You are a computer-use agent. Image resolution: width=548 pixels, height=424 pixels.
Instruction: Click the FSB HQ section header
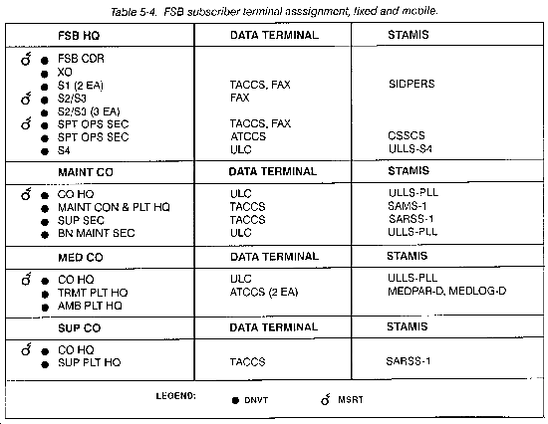click(79, 36)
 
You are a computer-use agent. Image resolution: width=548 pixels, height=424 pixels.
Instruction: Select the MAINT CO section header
click(86, 172)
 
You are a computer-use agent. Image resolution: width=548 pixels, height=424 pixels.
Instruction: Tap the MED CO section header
click(80, 258)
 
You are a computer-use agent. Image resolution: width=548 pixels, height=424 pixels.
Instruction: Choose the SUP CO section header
click(79, 328)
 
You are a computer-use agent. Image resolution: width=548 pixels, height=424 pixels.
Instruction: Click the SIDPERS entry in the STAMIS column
click(411, 84)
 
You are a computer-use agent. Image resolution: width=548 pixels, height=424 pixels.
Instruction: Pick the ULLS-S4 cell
click(410, 148)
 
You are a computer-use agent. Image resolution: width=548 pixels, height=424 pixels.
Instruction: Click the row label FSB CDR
click(81, 59)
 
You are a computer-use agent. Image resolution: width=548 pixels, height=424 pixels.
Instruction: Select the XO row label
click(65, 73)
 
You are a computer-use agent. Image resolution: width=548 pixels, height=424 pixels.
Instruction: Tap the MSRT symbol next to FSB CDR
click(26, 59)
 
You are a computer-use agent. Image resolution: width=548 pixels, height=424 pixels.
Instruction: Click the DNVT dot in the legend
click(235, 400)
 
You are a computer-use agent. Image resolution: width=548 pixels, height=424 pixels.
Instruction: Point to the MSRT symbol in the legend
click(326, 399)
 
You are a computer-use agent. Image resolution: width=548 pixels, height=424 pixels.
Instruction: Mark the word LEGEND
click(175, 396)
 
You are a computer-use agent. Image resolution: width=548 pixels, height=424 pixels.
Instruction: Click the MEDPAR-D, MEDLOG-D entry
click(446, 291)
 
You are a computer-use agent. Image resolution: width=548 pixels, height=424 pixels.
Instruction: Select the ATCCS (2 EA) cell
click(264, 292)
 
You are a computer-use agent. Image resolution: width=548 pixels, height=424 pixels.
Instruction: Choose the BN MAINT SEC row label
click(96, 233)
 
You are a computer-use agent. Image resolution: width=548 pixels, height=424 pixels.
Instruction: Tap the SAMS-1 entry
click(407, 206)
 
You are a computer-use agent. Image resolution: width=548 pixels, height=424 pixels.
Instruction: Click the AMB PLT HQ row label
click(90, 306)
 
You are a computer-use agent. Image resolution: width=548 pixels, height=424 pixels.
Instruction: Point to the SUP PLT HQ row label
click(89, 362)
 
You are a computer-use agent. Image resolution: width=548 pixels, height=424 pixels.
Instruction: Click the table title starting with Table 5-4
click(274, 12)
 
